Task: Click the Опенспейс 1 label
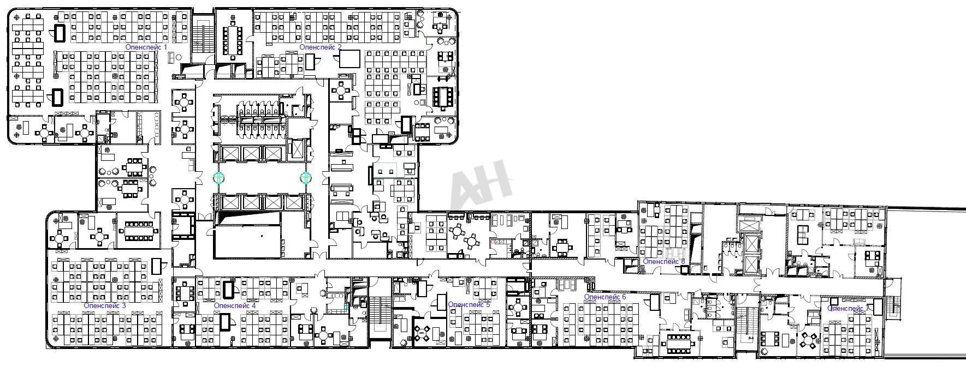[146, 47]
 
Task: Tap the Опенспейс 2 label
[321, 47]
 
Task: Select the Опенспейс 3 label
[105, 305]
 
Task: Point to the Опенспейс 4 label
[235, 305]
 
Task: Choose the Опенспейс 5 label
[469, 304]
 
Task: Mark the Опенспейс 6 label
[605, 297]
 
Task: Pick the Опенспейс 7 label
[848, 309]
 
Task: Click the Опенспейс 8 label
[664, 262]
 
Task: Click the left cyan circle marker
[219, 177]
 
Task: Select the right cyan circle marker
[305, 177]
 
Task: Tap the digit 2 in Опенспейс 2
[339, 47]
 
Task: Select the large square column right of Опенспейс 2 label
[350, 59]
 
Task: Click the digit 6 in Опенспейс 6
[624, 297]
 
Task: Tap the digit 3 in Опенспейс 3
[123, 305]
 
